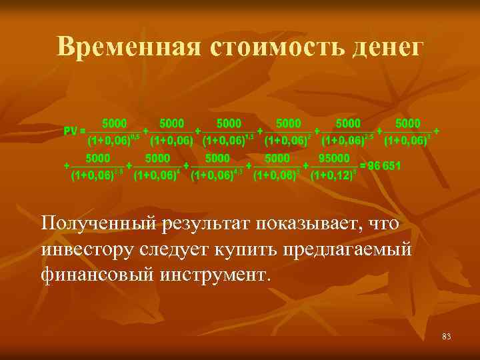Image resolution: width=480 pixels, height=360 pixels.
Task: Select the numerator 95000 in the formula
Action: click(334, 158)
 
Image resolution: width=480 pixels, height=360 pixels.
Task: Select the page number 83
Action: click(446, 337)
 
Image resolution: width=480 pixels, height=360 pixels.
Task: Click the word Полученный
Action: click(98, 223)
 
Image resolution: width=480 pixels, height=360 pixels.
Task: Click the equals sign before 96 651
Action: click(363, 166)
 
